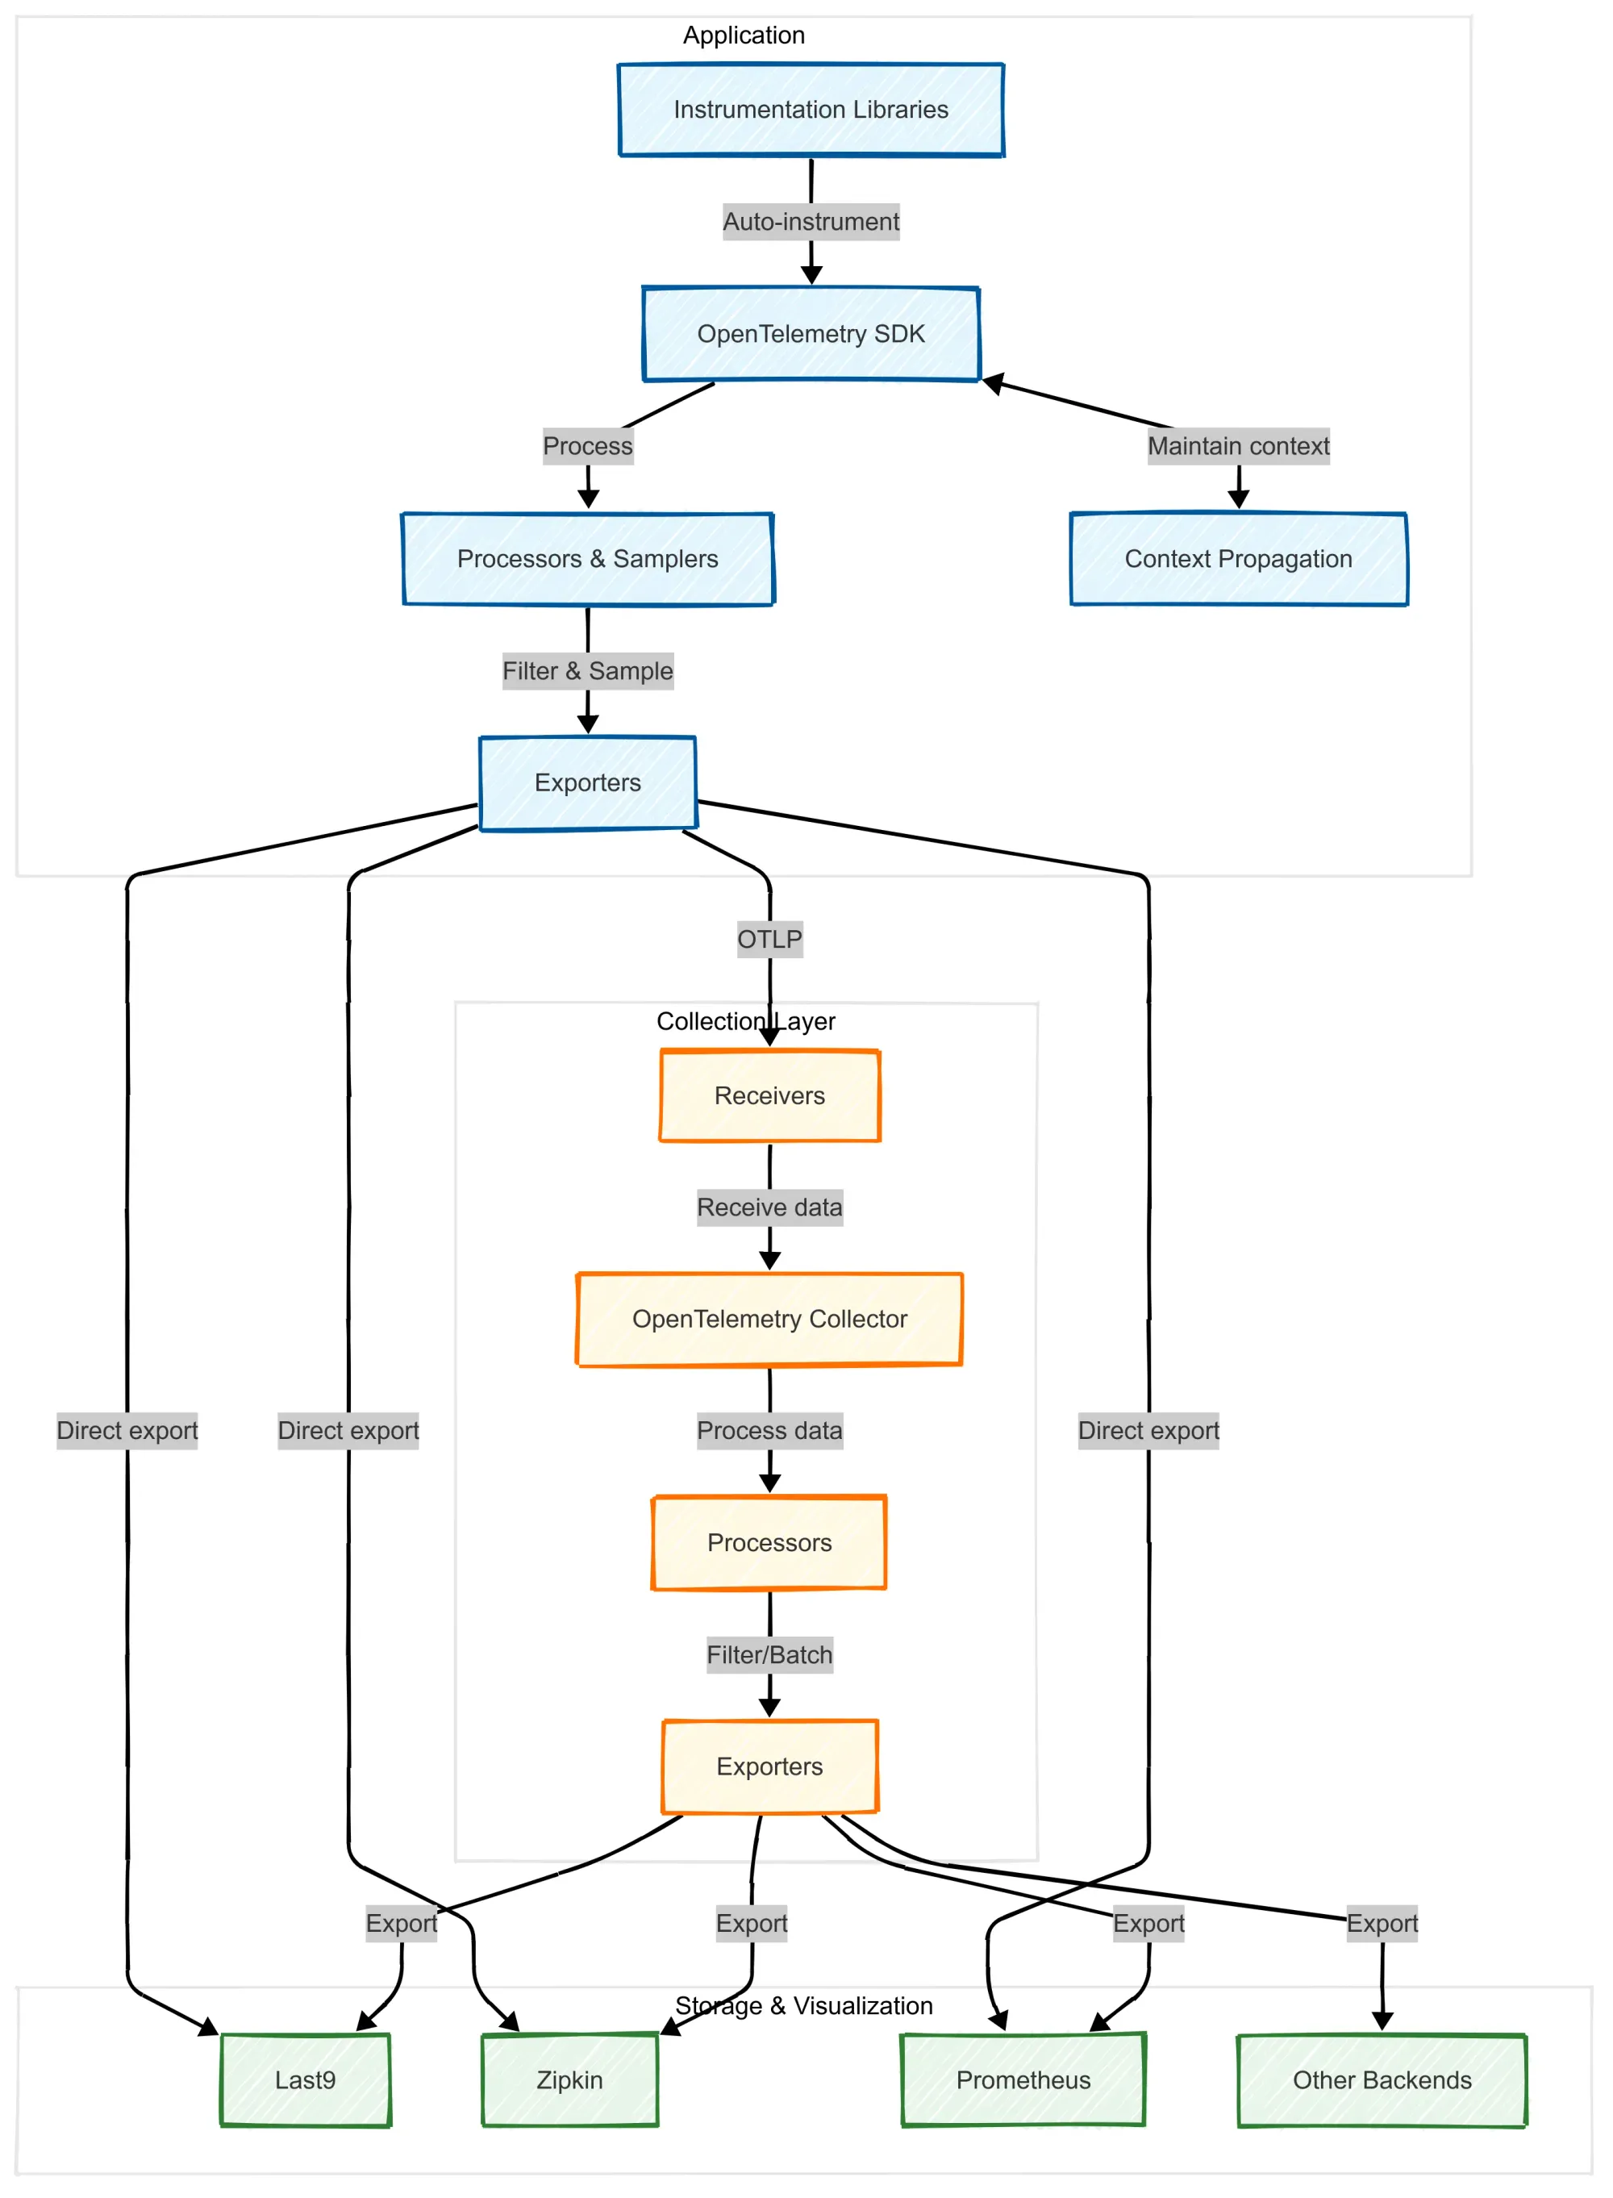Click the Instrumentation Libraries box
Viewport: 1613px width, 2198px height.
pos(811,110)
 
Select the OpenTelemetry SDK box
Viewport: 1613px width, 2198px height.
pos(811,334)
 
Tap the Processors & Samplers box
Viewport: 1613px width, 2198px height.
pos(588,558)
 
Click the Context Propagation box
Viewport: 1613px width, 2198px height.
pos(1238,558)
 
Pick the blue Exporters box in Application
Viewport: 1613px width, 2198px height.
pos(588,783)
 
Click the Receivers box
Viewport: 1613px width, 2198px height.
pos(769,1095)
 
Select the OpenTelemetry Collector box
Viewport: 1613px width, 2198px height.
pos(769,1319)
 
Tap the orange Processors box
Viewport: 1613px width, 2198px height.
pos(769,1543)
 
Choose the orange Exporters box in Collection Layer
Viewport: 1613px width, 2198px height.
pos(769,1766)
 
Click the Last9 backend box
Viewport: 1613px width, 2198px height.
pos(306,2080)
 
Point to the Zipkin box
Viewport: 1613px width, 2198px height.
pos(569,2080)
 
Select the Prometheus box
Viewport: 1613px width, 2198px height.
pos(1023,2080)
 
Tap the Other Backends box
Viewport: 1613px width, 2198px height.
pos(1382,2080)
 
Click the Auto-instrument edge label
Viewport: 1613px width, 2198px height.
pos(811,222)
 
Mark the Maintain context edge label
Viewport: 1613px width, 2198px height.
pos(1238,446)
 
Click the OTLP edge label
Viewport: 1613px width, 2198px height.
pos(769,940)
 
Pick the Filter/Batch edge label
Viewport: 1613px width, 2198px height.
pos(769,1655)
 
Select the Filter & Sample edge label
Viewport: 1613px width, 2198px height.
pos(588,671)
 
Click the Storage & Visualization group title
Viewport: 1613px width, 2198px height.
pos(803,2006)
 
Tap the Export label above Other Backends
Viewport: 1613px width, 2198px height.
pos(1382,1924)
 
